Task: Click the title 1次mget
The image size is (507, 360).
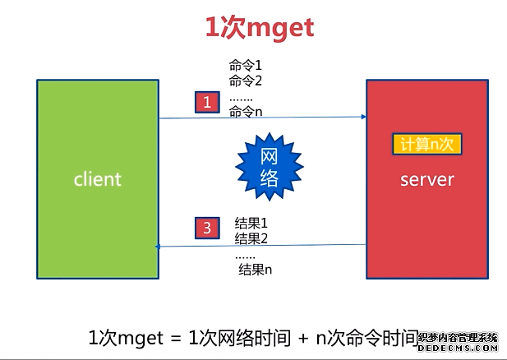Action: click(259, 28)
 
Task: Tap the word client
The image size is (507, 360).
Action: click(97, 178)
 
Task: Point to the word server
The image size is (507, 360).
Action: click(426, 179)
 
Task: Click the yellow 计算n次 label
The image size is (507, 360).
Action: click(426, 144)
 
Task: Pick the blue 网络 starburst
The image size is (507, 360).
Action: click(269, 167)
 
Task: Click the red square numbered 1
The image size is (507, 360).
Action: click(208, 102)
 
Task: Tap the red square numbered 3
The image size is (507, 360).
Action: click(208, 227)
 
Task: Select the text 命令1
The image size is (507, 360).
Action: click(245, 66)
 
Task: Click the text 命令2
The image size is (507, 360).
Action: click(245, 81)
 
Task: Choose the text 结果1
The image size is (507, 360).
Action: click(252, 224)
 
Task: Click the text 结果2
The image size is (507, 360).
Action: click(252, 238)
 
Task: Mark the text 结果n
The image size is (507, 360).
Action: click(255, 269)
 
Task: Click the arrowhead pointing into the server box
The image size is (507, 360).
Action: click(362, 117)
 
